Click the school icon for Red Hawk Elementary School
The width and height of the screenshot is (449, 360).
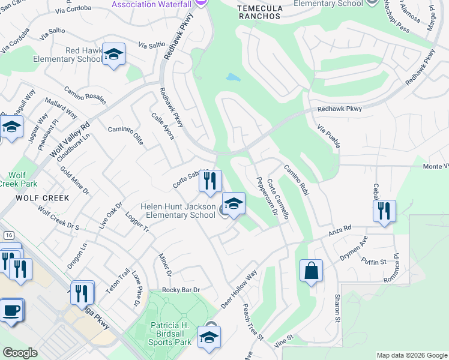(x=113, y=55)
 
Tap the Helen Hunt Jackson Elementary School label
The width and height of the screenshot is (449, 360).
(x=178, y=211)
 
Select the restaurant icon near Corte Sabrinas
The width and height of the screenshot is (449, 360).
(x=210, y=181)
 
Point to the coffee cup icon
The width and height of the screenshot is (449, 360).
(x=11, y=310)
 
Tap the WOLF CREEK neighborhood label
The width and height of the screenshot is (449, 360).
(x=34, y=197)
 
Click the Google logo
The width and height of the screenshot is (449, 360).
(x=20, y=353)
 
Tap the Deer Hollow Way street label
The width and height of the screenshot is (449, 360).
(x=238, y=289)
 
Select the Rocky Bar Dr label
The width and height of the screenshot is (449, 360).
(x=180, y=290)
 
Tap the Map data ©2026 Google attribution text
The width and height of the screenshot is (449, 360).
(x=412, y=355)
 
